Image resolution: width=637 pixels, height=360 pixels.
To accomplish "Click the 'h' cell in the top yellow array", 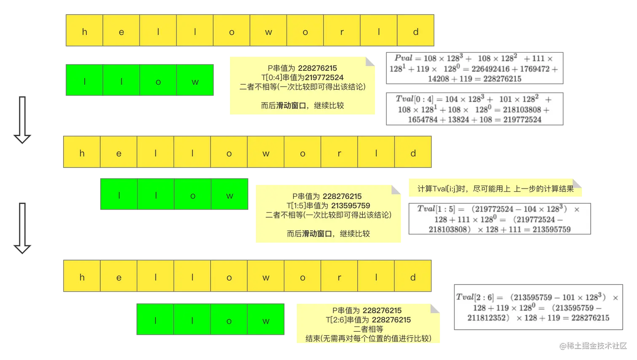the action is [84, 32].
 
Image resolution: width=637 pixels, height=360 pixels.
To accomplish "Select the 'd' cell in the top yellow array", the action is [416, 32].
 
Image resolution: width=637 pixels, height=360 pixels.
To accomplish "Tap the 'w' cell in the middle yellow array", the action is [266, 153].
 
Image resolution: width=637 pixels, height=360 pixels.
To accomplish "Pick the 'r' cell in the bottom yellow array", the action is [339, 277].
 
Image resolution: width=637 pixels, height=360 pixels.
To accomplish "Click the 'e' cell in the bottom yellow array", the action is [119, 277].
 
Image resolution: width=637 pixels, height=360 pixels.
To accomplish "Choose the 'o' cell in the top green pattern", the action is [158, 82].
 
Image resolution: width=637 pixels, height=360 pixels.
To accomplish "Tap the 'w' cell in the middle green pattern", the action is [230, 196].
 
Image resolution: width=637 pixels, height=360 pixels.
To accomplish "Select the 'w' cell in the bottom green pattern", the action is [266, 321].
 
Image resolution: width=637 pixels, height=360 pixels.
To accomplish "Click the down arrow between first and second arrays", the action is [22, 119].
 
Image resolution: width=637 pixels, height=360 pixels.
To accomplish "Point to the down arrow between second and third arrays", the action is [22, 228].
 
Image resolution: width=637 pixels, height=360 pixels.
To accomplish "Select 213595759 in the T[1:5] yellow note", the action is [351, 206].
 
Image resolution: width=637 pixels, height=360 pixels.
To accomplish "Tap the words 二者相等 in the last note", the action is [368, 329].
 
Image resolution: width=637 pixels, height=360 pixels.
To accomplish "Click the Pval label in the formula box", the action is [403, 58].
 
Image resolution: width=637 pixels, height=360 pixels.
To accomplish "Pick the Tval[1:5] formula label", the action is [436, 209].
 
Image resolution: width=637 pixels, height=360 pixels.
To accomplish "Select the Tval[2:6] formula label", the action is [474, 297].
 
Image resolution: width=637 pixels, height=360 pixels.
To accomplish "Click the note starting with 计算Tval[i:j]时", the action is [495, 188].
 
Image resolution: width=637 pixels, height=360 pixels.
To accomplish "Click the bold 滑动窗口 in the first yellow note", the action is [291, 105].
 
